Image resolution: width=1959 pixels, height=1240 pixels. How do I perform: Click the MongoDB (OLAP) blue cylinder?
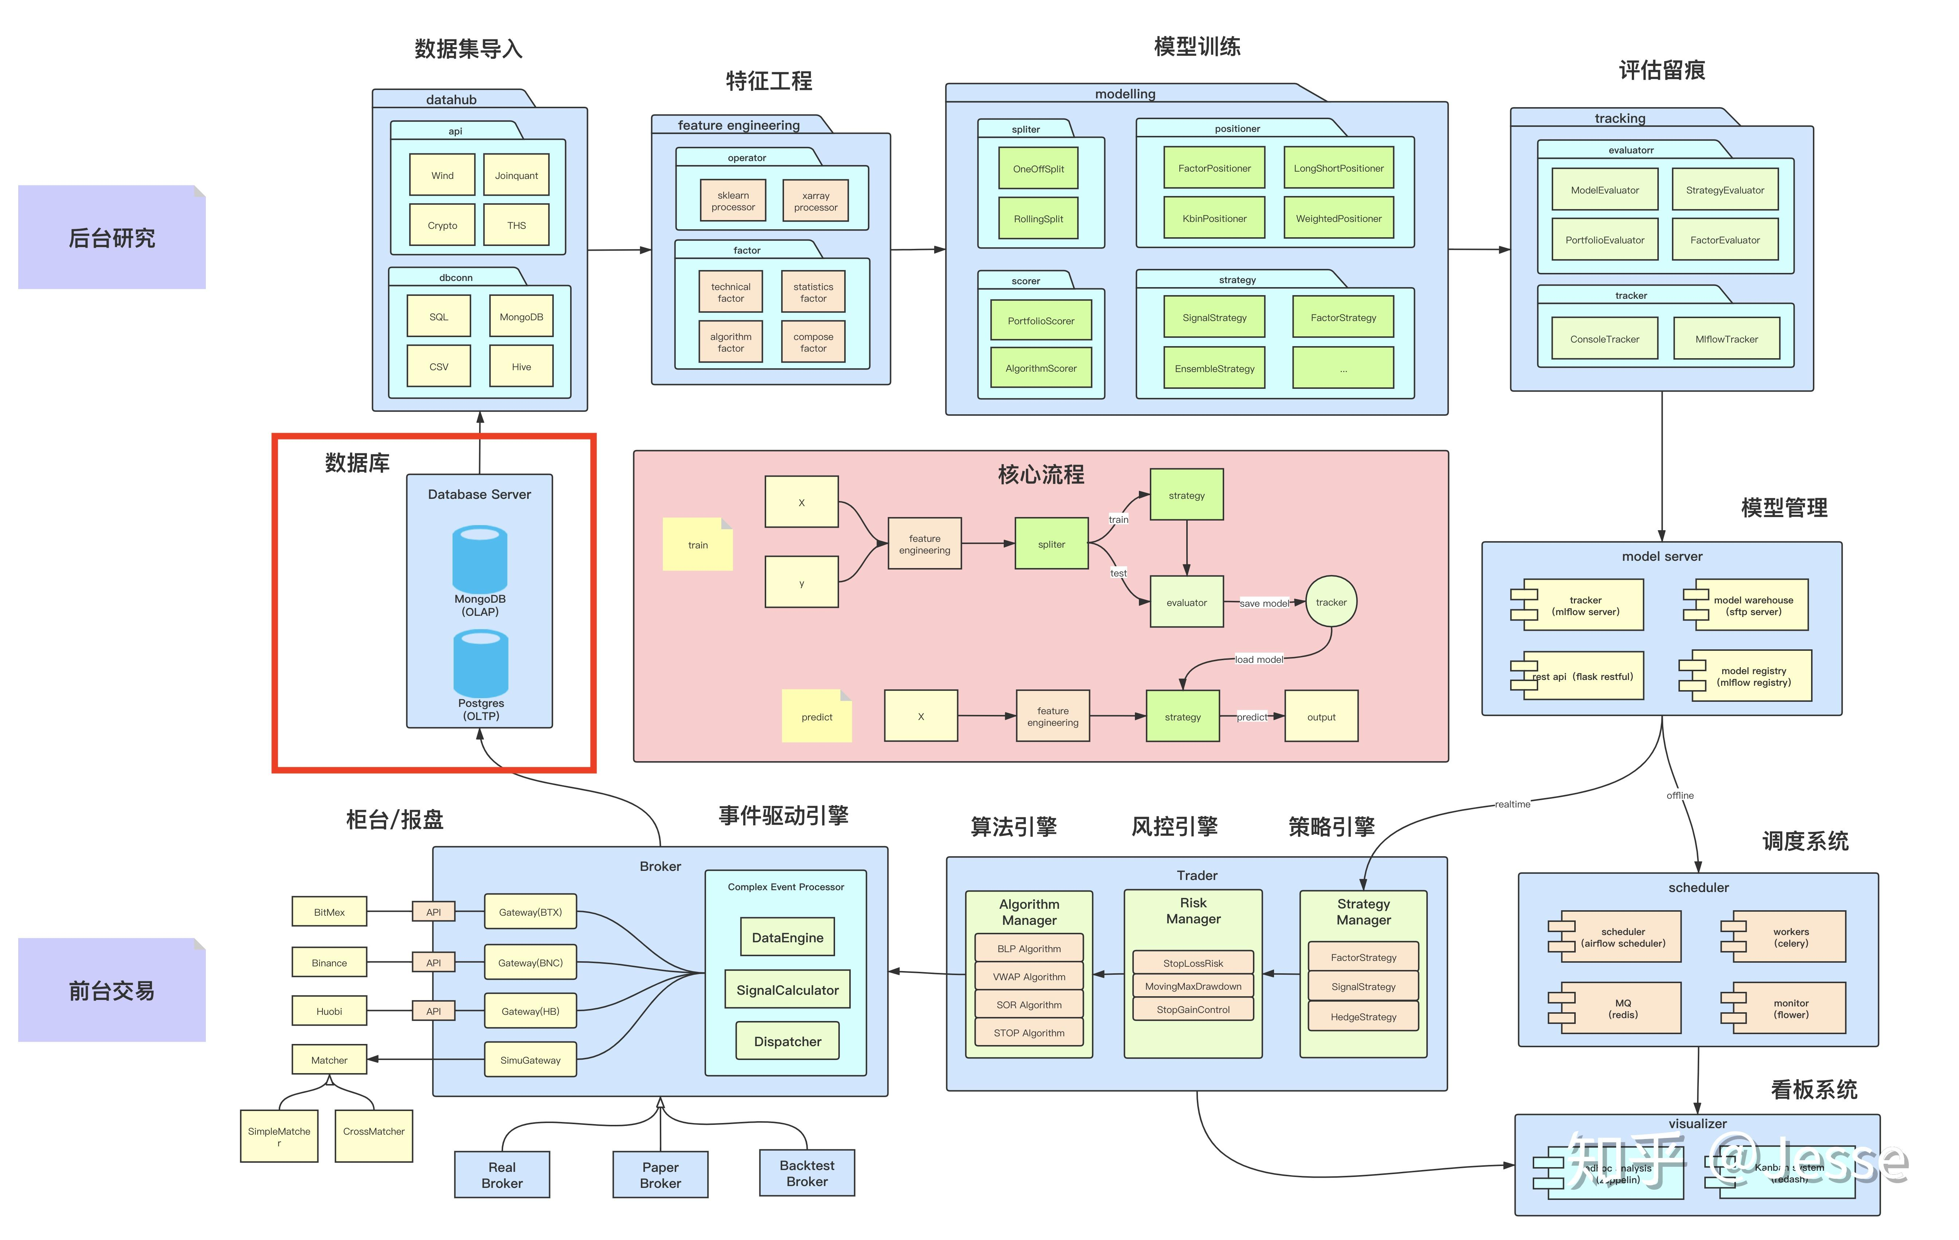(x=480, y=560)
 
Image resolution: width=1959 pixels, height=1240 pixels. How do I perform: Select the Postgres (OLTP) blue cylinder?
(x=481, y=664)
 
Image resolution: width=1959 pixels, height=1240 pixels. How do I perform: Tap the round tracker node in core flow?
(x=1331, y=602)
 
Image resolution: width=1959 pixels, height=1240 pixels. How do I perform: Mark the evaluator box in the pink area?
(x=1186, y=602)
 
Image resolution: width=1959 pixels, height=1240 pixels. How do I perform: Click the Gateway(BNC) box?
(x=530, y=963)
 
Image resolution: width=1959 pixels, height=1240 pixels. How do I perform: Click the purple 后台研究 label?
(x=111, y=238)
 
